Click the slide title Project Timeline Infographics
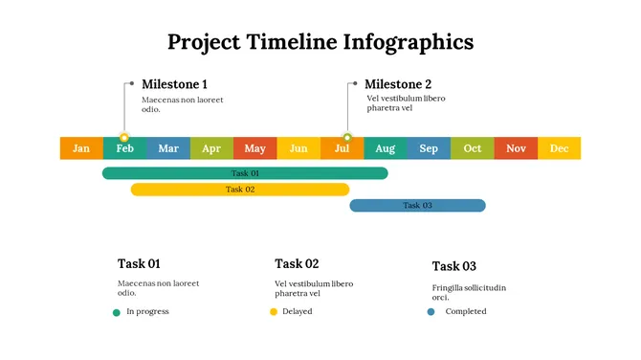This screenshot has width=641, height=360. pos(320,42)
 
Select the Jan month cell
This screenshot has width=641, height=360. pos(81,148)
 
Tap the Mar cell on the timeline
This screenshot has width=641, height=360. pos(168,148)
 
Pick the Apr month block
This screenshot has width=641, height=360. pos(211,148)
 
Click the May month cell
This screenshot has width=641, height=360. pos(254,148)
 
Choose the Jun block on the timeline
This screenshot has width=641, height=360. pos(298,148)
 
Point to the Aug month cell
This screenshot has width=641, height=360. pos(385,148)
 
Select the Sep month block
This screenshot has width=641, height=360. pos(429,148)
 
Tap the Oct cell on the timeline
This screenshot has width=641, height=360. pos(473,148)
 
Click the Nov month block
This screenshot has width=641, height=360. pos(516,148)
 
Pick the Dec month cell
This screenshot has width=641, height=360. pos(559,148)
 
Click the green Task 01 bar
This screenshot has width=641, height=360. pos(245,173)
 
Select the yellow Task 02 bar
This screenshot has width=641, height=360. pos(240,190)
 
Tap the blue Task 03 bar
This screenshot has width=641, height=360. pos(417,206)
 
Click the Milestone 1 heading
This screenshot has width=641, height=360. pos(174,84)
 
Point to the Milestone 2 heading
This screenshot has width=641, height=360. pos(398,84)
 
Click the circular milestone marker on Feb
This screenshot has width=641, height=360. pos(124,138)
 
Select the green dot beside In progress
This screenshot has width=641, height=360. pos(117,312)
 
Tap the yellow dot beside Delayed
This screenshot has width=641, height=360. pos(274,312)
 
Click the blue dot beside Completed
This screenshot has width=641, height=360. pos(431,312)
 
